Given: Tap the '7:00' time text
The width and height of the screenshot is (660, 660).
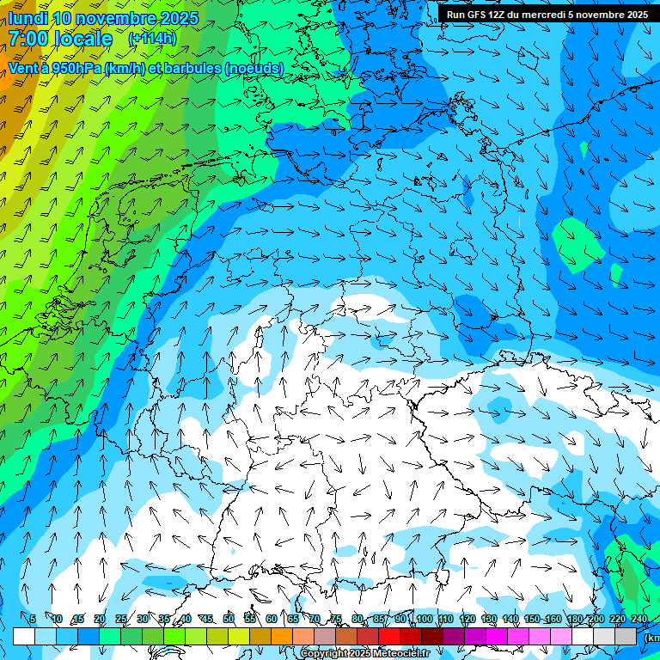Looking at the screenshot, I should tap(28, 39).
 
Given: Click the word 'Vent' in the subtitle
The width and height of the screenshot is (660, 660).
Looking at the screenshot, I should tap(25, 68).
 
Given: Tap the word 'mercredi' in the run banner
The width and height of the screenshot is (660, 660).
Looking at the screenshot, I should tap(542, 15).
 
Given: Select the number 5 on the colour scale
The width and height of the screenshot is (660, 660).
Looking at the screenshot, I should tap(32, 619).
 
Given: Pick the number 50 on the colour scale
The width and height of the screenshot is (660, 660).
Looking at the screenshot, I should tap(229, 619).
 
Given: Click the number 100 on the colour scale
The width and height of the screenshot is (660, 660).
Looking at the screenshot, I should tap(424, 619).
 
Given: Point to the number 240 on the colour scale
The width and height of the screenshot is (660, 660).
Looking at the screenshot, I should tap(639, 619).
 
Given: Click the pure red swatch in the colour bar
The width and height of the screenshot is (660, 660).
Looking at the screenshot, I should tap(389, 636).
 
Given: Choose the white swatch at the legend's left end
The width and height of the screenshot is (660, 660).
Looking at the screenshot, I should tap(24, 636).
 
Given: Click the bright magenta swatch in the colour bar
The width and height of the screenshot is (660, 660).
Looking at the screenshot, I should tap(497, 636).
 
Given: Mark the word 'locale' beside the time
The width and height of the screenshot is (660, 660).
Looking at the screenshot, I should tap(82, 39).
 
